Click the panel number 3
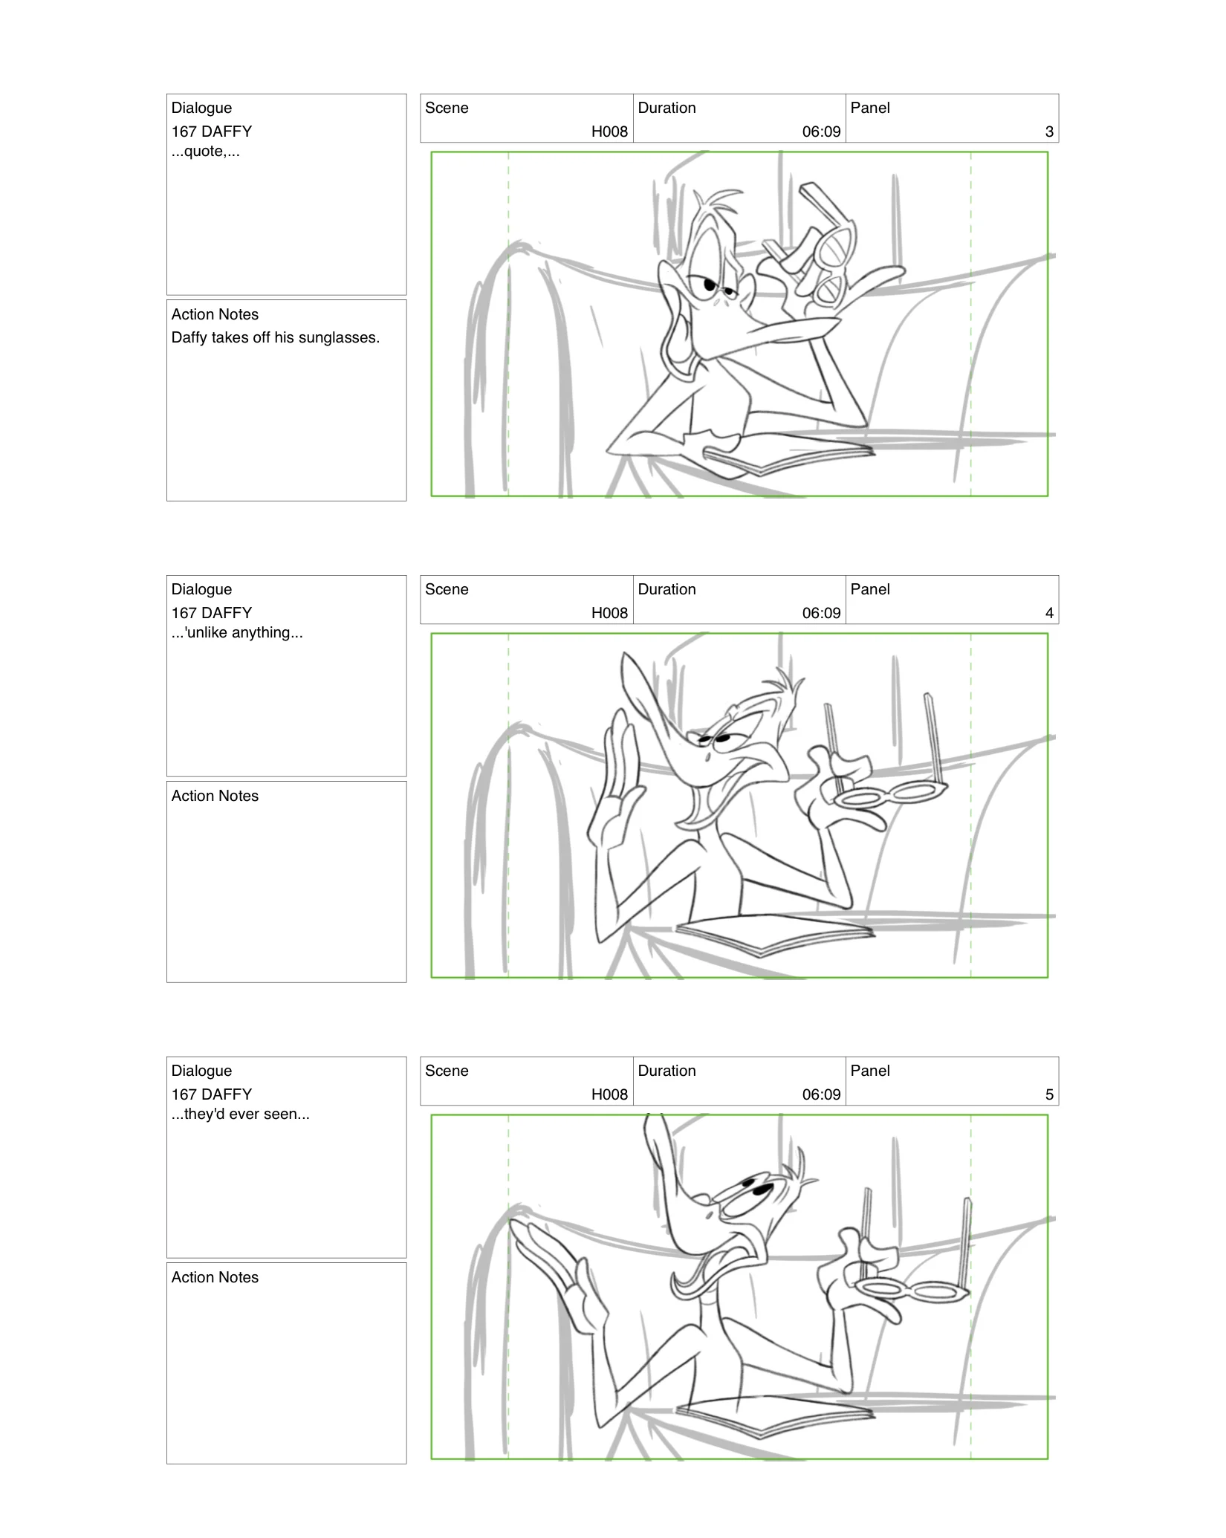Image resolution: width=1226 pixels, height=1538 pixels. [x=1048, y=132]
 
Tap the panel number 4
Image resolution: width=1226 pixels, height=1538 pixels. [x=1048, y=613]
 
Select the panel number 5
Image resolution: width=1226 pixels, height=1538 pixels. [x=1048, y=1094]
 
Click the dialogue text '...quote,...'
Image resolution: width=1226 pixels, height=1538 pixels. [x=205, y=152]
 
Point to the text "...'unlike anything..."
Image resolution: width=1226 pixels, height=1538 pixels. [x=237, y=633]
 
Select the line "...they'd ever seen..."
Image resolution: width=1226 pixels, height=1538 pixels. [x=240, y=1114]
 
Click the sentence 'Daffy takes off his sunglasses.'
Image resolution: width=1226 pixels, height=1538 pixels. [x=275, y=337]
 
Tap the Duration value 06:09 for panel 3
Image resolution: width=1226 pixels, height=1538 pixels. [x=821, y=132]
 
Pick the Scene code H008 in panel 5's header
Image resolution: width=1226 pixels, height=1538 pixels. [x=609, y=1094]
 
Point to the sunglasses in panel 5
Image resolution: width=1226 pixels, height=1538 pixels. [x=912, y=1291]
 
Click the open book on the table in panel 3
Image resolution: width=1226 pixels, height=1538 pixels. [x=788, y=458]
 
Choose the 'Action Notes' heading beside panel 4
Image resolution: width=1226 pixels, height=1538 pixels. [x=215, y=796]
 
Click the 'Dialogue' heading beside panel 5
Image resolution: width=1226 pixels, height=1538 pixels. [x=201, y=1071]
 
